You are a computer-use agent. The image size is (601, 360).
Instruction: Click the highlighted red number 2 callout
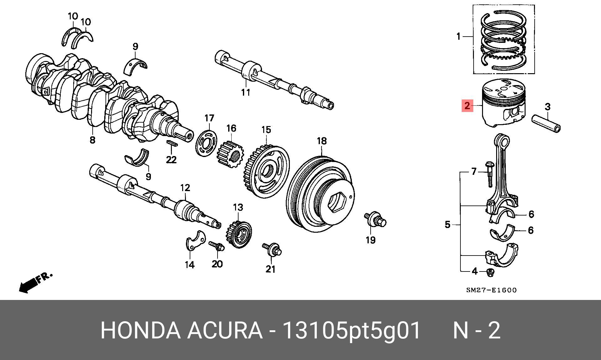467,106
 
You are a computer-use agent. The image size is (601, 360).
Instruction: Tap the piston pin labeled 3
547,124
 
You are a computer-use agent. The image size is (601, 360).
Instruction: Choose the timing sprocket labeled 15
266,171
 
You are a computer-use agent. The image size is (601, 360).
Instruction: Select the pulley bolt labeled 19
375,220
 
